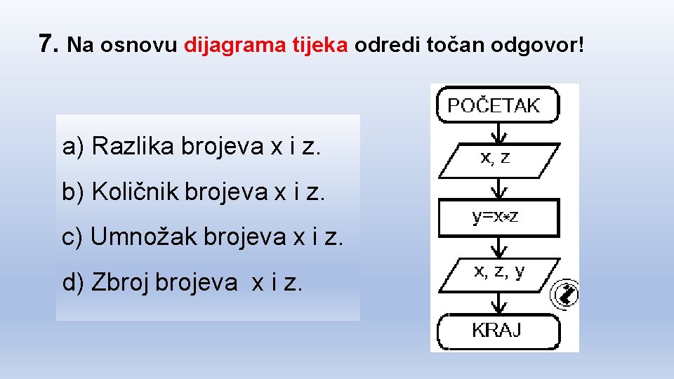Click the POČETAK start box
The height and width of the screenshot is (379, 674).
(x=497, y=105)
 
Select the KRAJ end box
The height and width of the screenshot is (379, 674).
(x=497, y=330)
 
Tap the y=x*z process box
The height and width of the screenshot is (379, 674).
(x=497, y=218)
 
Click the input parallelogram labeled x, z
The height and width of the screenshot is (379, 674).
(x=497, y=159)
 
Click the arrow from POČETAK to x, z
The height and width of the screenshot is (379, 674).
(x=498, y=133)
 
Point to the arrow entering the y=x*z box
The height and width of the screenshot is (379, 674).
(x=498, y=188)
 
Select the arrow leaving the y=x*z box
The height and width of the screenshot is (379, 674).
(x=498, y=246)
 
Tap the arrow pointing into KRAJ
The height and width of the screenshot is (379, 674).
(x=498, y=302)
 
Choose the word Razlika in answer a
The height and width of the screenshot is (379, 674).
(x=134, y=147)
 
